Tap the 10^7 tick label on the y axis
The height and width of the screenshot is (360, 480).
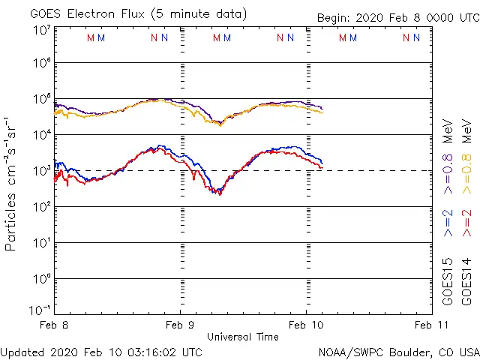click(x=40, y=29)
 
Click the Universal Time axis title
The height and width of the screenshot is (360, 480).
click(x=242, y=337)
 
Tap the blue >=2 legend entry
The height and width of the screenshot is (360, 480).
click(x=448, y=223)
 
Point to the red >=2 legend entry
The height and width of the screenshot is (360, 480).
click(x=467, y=223)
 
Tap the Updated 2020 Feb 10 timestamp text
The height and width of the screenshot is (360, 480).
click(x=101, y=351)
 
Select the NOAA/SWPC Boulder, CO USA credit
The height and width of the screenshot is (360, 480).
click(x=398, y=351)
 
